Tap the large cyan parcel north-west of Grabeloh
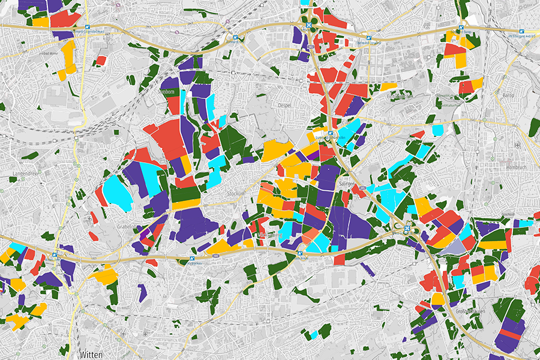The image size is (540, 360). pos(118,192)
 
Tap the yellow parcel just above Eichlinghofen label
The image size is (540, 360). pos(388,86)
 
